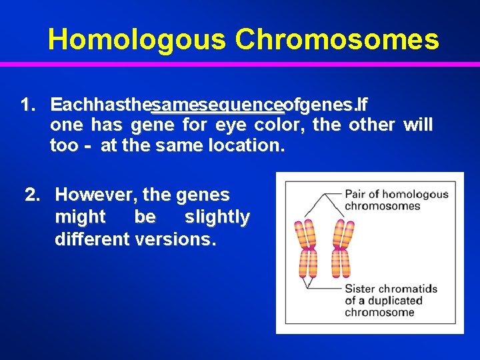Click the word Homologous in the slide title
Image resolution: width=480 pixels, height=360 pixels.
pos(137,39)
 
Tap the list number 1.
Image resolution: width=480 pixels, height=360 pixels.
pos(27,105)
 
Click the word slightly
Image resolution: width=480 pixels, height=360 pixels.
pos(217,217)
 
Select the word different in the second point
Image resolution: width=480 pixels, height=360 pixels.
pos(92,239)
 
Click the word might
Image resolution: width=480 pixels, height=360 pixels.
pos(80,217)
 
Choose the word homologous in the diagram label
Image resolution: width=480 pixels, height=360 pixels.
pos(417,194)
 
